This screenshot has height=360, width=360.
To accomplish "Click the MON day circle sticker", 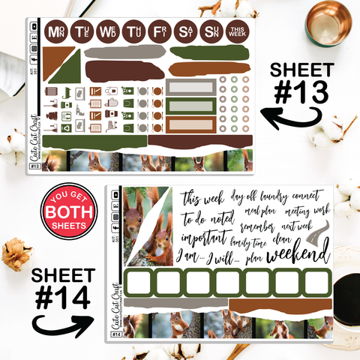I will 55,32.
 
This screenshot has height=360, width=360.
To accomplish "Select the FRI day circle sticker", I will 159,32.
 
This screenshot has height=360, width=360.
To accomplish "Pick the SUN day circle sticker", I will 211,32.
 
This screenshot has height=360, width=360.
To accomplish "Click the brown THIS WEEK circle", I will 238,32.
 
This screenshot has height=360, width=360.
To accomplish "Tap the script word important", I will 205,236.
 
